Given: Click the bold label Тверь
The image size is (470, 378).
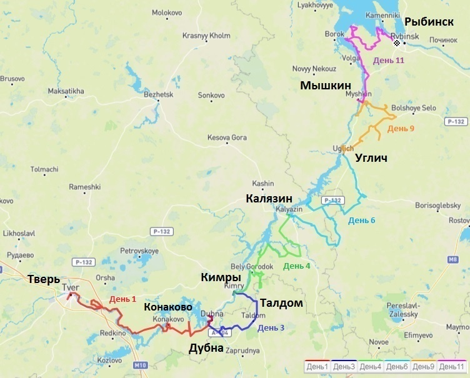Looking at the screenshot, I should pyautogui.click(x=43, y=279).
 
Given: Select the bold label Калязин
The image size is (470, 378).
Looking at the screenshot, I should pyautogui.click(x=269, y=199).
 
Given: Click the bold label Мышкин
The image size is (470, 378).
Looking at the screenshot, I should pyautogui.click(x=325, y=85).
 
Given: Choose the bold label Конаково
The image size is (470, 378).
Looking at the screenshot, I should pyautogui.click(x=168, y=307).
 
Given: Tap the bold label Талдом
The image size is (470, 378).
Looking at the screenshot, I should pyautogui.click(x=281, y=303).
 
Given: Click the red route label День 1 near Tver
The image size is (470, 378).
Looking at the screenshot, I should pyautogui.click(x=122, y=299).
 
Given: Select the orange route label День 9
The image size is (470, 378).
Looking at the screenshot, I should pyautogui.click(x=401, y=129).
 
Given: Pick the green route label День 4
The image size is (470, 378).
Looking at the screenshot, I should pyautogui.click(x=297, y=266).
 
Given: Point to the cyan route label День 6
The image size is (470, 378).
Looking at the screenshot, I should pyautogui.click(x=362, y=220).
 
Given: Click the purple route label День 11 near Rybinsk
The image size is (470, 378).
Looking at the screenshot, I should pyautogui.click(x=389, y=60).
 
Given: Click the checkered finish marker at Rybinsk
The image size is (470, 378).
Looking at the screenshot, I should pyautogui.click(x=396, y=43).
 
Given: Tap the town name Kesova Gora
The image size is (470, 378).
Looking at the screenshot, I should pyautogui.click(x=227, y=137).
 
